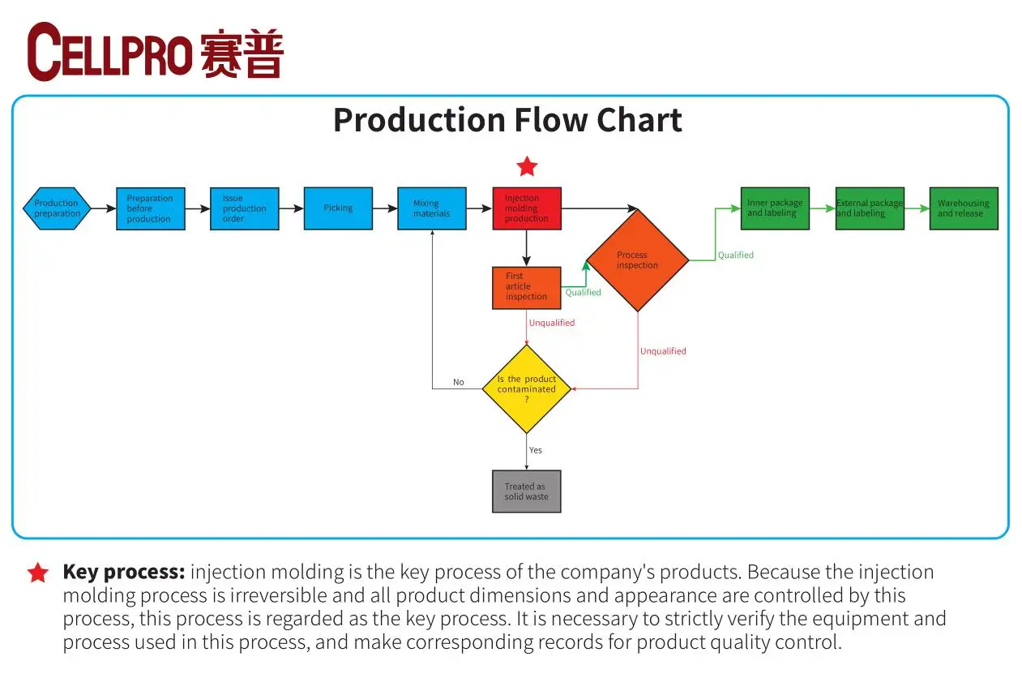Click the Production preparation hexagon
[x=57, y=208]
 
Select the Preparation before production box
[x=150, y=208]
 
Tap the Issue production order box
[x=244, y=208]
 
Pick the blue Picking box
[x=338, y=208]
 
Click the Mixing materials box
[x=432, y=208]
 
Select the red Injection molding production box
[x=527, y=208]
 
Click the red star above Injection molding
[x=527, y=168]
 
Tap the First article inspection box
[x=527, y=287]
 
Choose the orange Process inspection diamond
[x=637, y=260]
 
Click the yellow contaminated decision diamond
[x=527, y=389]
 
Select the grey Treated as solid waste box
[x=527, y=491]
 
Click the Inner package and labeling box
[x=775, y=208]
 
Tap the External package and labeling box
[x=870, y=208]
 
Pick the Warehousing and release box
[x=964, y=208]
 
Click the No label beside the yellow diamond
[x=459, y=382]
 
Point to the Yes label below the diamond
[x=536, y=450]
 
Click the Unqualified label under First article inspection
[x=552, y=323]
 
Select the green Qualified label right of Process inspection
[x=735, y=255]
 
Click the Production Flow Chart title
[x=507, y=120]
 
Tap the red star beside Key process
[x=37, y=573]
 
